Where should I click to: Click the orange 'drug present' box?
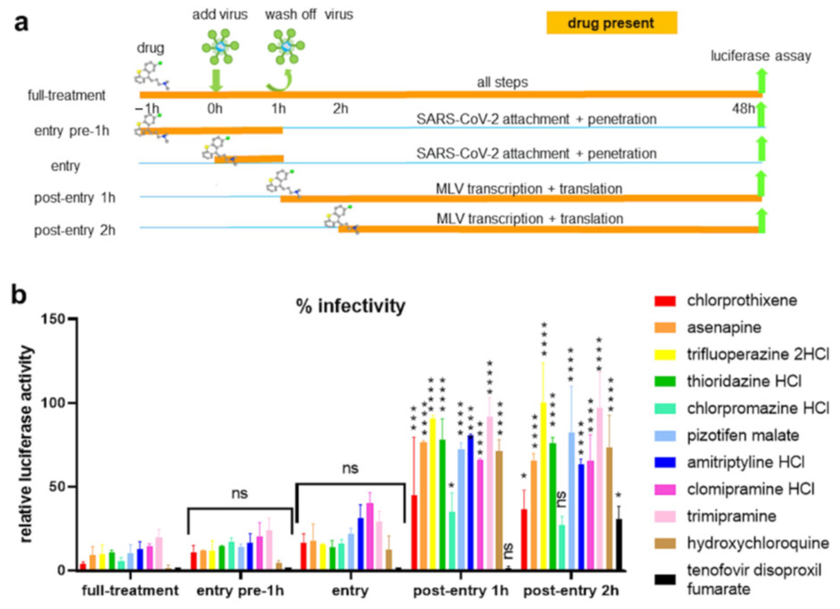pos(612,23)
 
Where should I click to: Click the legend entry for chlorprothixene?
pos(742,300)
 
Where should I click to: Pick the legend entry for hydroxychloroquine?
pos(757,543)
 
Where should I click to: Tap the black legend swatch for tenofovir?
pos(665,580)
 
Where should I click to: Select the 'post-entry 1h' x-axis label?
pos(461,590)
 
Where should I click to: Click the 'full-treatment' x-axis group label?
pos(130,590)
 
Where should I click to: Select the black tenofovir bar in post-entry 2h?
pos(618,544)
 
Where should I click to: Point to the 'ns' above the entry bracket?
pos(350,468)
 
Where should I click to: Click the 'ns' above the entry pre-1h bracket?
pos(239,493)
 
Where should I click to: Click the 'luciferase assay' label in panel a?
pos(761,56)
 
